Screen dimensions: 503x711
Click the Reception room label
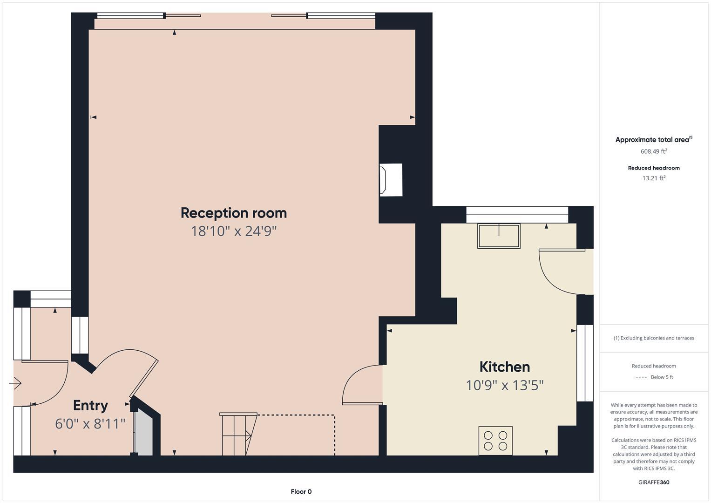[x=233, y=213]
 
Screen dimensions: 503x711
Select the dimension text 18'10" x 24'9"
[x=233, y=231]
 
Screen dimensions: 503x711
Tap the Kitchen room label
[x=504, y=367]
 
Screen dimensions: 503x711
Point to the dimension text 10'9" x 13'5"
[x=504, y=385]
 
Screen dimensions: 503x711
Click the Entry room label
[x=90, y=405]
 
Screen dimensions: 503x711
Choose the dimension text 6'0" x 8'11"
[x=90, y=424]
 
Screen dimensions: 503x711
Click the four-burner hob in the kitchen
[x=495, y=441]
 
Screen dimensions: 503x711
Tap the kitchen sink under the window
[x=498, y=236]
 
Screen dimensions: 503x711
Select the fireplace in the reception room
[x=390, y=180]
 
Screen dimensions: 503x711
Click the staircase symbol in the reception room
[x=238, y=434]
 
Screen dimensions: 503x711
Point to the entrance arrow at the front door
[x=15, y=384]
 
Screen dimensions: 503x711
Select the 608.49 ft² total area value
[x=654, y=151]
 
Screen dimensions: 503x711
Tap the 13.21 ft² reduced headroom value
[x=654, y=178]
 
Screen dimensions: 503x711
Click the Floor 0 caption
[x=301, y=491]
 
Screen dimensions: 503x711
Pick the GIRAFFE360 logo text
[x=654, y=482]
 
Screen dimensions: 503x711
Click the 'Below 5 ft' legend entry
[x=661, y=377]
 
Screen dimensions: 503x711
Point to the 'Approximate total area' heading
[x=653, y=140]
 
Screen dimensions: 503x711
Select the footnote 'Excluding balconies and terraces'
[x=654, y=338]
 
